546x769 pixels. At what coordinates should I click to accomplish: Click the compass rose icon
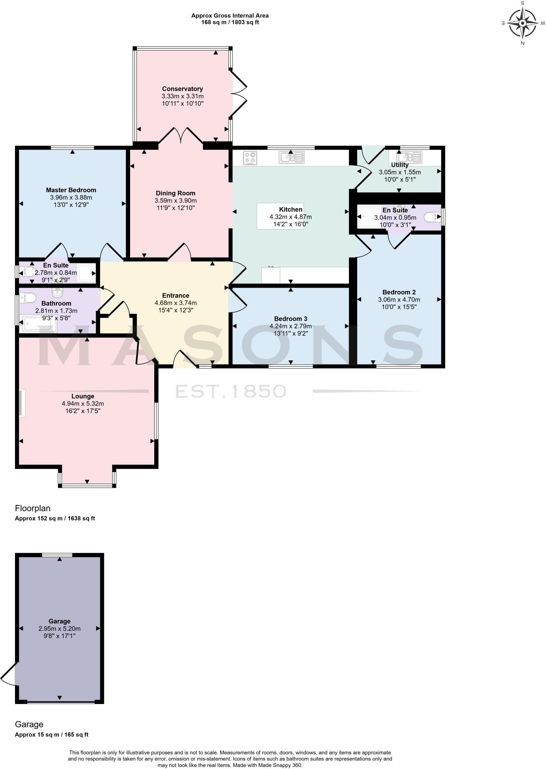tap(522, 23)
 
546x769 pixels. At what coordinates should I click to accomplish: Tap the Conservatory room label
tap(182, 89)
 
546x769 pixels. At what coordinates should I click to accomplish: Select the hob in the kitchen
tap(250, 158)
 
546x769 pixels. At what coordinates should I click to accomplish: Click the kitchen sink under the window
tap(291, 157)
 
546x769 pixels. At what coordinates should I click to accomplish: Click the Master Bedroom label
tap(71, 190)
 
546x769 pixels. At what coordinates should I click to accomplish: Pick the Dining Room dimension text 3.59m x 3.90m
tap(176, 201)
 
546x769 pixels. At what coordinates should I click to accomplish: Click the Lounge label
tap(83, 396)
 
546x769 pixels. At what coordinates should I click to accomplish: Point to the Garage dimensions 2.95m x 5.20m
tap(59, 629)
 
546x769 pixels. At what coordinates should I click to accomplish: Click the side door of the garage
tap(9, 674)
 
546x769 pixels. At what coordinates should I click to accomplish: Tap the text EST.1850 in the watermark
tap(231, 391)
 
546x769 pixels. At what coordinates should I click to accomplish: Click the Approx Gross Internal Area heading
tap(230, 16)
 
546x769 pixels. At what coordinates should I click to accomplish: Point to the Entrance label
tap(175, 296)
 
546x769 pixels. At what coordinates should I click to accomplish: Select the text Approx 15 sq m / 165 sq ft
tap(51, 735)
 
